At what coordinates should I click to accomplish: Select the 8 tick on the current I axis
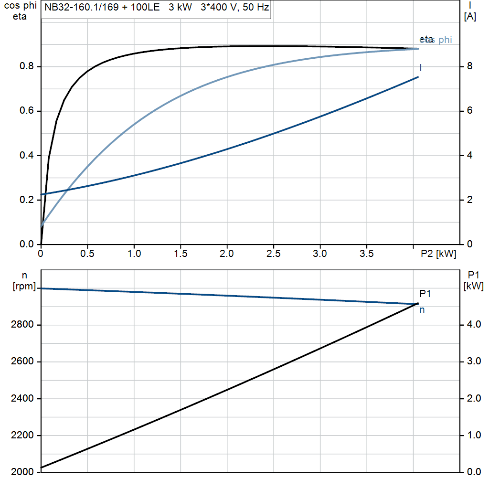(x=469, y=66)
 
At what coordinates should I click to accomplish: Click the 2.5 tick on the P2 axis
(x=273, y=254)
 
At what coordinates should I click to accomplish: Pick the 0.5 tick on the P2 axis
(x=87, y=254)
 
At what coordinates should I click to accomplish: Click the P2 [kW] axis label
(x=438, y=254)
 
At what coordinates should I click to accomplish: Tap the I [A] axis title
(x=469, y=11)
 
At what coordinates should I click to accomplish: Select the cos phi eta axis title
(x=20, y=11)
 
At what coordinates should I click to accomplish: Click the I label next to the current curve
(x=420, y=68)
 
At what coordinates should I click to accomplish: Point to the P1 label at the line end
(x=425, y=294)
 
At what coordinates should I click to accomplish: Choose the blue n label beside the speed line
(x=422, y=310)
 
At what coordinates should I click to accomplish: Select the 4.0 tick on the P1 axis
(x=473, y=325)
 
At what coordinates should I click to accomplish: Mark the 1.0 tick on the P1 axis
(x=473, y=436)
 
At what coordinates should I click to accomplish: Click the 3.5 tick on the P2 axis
(x=366, y=254)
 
